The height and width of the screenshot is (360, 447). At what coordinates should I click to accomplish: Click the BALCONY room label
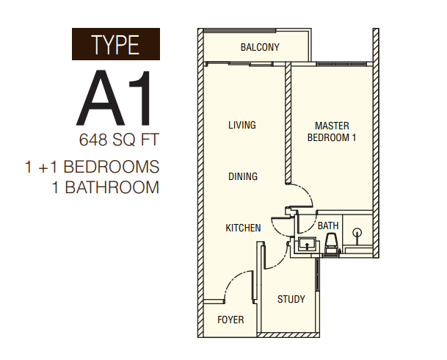pos(260,47)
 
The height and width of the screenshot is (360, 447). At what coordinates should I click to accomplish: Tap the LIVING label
pos(242,125)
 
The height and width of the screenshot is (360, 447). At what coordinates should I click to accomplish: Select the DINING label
pos(243,176)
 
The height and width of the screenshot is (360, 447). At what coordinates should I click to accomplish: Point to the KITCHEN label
pos(243,228)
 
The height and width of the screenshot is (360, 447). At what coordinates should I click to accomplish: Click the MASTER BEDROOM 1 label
pos(332,132)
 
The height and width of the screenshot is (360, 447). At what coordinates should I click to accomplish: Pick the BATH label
pos(328,226)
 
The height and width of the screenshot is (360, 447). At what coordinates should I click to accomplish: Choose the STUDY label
pos(291,299)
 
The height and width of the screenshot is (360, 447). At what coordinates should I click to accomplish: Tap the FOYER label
pos(230,320)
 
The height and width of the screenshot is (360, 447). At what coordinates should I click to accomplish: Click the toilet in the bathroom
pos(332,243)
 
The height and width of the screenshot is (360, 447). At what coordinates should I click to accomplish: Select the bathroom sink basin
pos(307,245)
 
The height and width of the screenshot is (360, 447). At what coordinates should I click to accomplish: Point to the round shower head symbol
pos(357,232)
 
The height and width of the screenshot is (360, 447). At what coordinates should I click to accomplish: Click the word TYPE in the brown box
pos(115,45)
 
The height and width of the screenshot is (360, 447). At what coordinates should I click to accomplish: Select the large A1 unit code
pos(114,98)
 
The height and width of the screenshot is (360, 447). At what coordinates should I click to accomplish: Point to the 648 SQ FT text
pos(119,140)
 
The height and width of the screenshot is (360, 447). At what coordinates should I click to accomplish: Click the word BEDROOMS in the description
pos(111,167)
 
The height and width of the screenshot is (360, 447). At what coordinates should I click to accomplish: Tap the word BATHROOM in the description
pos(112,187)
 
